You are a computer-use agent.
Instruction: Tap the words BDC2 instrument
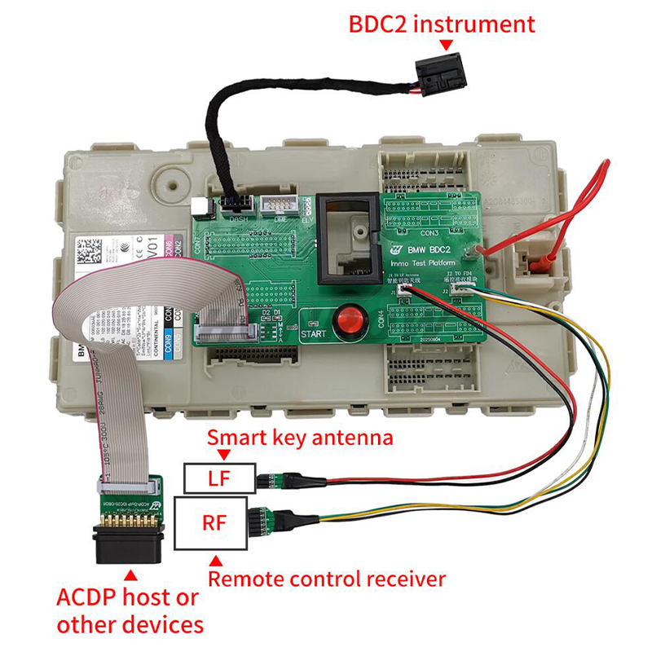coord(442,23)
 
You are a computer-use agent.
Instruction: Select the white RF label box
coord(219,522)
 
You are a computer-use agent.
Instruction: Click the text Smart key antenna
coord(300,438)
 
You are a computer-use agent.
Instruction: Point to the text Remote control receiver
coord(327,579)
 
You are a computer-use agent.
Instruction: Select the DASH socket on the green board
coord(237,203)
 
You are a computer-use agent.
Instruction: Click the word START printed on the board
coord(315,334)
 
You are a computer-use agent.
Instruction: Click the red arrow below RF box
coord(216,561)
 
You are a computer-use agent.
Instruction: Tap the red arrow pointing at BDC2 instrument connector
coord(444,45)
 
